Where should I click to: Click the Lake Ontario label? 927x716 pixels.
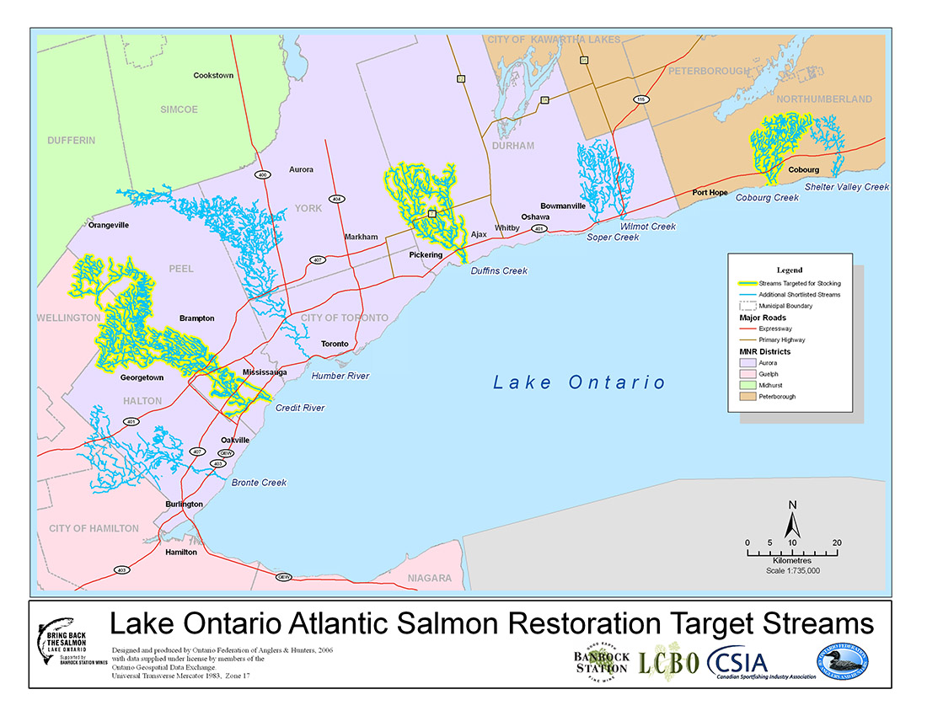(579, 383)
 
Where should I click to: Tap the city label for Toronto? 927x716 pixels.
(335, 345)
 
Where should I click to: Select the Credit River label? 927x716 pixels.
(300, 408)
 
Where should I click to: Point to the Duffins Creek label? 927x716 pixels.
(499, 271)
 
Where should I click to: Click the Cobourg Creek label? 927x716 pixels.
(767, 198)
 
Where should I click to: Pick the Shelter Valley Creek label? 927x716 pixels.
(846, 187)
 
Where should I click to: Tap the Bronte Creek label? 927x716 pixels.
(259, 483)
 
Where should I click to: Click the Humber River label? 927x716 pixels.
(340, 376)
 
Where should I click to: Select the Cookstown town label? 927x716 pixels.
(213, 76)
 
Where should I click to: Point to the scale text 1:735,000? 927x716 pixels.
(792, 570)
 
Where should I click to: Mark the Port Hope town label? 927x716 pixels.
(710, 192)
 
